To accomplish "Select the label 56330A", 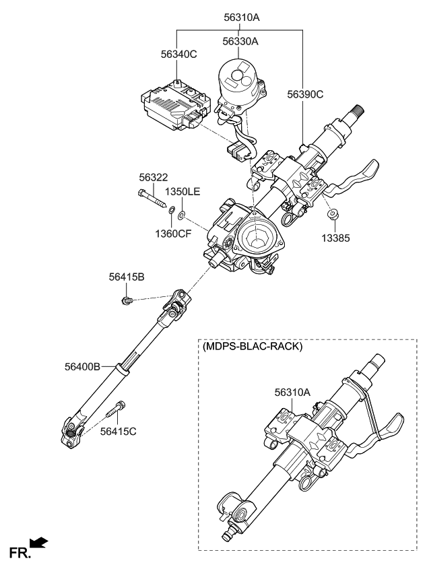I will coord(240,41).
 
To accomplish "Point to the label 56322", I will coord(153,177).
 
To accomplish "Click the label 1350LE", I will coord(183,192).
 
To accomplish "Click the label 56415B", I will coord(127,277).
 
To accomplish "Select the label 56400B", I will coord(83,366).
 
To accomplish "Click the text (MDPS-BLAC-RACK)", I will coord(252,347).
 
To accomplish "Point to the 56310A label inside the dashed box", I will coord(293,391).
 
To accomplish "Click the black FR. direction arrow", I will coord(39,542).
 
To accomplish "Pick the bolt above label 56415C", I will coord(119,409).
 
